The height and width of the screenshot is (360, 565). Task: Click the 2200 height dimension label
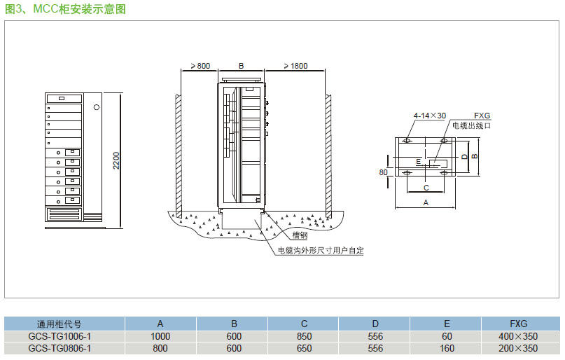click(x=117, y=160)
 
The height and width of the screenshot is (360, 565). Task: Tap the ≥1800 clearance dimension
click(x=295, y=66)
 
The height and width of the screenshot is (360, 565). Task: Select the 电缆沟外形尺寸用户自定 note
click(x=321, y=250)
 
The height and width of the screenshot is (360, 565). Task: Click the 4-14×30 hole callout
click(x=429, y=115)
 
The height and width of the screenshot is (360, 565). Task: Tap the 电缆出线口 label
click(x=471, y=125)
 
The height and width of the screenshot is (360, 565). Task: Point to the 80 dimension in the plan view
click(x=383, y=172)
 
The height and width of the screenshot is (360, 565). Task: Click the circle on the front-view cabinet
click(x=96, y=108)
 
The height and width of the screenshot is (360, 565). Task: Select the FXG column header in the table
click(x=519, y=324)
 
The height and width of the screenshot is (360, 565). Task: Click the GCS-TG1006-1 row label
click(x=60, y=336)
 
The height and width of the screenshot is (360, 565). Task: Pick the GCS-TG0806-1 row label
click(x=60, y=348)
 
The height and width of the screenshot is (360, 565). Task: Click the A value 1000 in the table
click(x=160, y=336)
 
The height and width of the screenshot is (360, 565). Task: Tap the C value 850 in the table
click(x=304, y=336)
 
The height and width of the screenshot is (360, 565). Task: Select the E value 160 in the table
click(x=447, y=348)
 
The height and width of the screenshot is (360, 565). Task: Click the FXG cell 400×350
click(x=519, y=336)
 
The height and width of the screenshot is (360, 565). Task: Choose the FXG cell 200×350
click(x=519, y=348)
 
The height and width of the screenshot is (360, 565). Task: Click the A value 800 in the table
click(x=160, y=348)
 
